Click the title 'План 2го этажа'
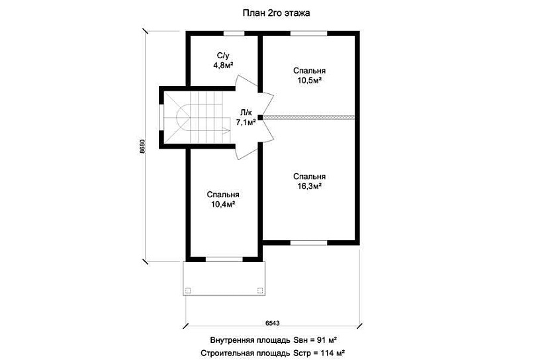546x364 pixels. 276,13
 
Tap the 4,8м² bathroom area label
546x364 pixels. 223,65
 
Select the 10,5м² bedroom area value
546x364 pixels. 309,80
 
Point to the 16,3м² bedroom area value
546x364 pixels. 309,186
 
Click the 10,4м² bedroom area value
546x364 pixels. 223,204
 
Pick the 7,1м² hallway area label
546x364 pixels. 246,122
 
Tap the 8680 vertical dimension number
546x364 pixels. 142,147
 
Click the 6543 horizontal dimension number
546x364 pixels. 272,323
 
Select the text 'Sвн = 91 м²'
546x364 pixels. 315,340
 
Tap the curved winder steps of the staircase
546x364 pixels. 183,117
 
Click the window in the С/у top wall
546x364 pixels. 234,34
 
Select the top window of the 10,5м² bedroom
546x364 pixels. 309,34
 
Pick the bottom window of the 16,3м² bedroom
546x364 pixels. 309,242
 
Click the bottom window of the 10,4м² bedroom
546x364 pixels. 224,259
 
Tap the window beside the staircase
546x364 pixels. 161,117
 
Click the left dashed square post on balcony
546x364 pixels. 188,291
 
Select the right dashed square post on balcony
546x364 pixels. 260,291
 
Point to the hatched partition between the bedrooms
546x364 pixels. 308,117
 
